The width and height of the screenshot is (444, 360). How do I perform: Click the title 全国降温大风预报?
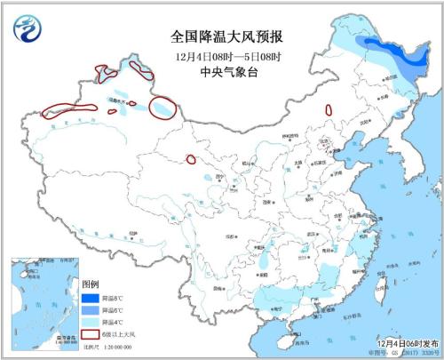pyautogui.click(x=215, y=36)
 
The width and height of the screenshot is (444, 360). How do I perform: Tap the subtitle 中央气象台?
pyautogui.click(x=215, y=76)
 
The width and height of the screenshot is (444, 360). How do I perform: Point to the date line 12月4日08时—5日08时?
pyautogui.click(x=215, y=58)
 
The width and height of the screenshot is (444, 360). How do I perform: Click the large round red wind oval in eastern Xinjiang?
pyautogui.click(x=162, y=108)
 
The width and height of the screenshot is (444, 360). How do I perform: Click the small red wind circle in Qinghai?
pyautogui.click(x=191, y=160)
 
